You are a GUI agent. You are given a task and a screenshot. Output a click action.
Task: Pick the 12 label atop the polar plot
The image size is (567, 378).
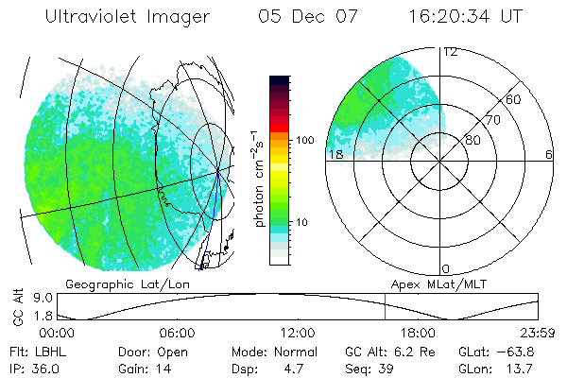450,53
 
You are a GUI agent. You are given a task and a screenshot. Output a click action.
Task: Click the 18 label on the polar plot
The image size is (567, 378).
335,154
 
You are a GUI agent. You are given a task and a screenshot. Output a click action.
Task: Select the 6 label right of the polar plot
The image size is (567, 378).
548,154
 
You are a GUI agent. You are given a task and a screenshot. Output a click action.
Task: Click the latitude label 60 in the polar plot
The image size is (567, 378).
513,99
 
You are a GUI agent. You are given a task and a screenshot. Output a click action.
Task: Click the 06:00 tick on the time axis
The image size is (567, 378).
178,334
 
